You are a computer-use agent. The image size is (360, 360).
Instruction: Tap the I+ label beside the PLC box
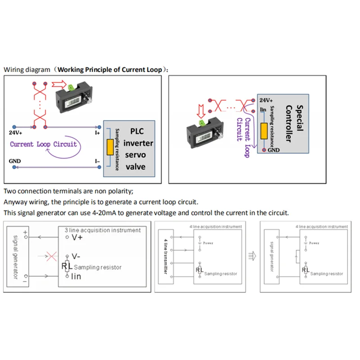pyautogui.click(x=97, y=132)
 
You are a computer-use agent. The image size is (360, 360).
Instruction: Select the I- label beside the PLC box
pyautogui.click(x=97, y=161)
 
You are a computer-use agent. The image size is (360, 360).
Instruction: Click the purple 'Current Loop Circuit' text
pyautogui.click(x=44, y=144)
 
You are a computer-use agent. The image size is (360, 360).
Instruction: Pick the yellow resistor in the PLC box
pyautogui.click(x=109, y=147)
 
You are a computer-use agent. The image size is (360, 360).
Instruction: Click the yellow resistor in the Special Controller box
pyautogui.click(x=265, y=130)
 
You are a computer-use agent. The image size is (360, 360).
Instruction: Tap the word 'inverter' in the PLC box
pyautogui.click(x=138, y=143)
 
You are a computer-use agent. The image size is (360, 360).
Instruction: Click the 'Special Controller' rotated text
pyautogui.click(x=293, y=123)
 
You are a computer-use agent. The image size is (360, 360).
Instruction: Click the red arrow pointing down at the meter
pyautogui.click(x=201, y=109)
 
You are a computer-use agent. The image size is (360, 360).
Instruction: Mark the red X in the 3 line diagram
pyautogui.click(x=52, y=256)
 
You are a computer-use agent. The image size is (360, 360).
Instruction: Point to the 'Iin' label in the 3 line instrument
pyautogui.click(x=75, y=276)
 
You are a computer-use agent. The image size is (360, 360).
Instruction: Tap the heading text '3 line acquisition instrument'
pyautogui.click(x=103, y=230)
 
